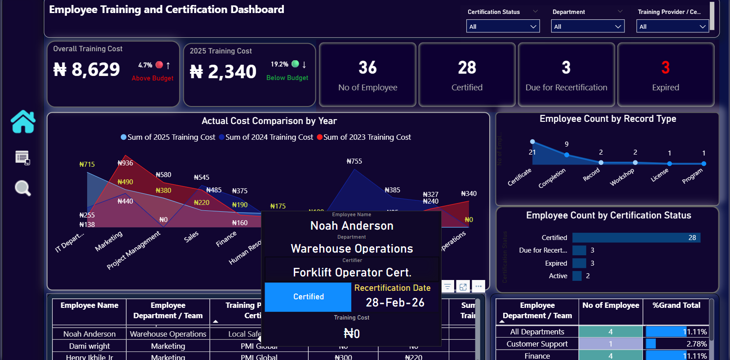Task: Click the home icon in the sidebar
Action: pyautogui.click(x=23, y=122)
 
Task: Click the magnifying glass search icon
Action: pyautogui.click(x=22, y=188)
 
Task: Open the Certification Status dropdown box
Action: pyautogui.click(x=502, y=27)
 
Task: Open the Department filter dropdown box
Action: pyautogui.click(x=587, y=27)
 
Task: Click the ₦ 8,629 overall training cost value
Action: pyautogui.click(x=87, y=70)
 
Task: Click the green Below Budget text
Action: pyautogui.click(x=287, y=78)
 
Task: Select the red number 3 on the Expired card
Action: pyautogui.click(x=665, y=68)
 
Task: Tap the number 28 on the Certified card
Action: pyautogui.click(x=467, y=68)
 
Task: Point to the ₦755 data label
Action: pyautogui.click(x=354, y=161)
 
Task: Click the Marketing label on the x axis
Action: pyautogui.click(x=109, y=241)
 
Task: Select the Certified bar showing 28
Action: pyautogui.click(x=636, y=237)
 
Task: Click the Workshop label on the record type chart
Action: pyautogui.click(x=622, y=177)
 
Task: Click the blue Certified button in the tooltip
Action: pyautogui.click(x=308, y=297)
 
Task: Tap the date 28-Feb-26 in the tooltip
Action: pyautogui.click(x=395, y=302)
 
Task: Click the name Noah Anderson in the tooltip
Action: pyautogui.click(x=352, y=226)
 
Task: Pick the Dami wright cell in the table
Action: pyautogui.click(x=89, y=346)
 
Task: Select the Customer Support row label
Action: pyautogui.click(x=537, y=344)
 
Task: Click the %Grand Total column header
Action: pyautogui.click(x=676, y=305)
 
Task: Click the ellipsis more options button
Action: pyautogui.click(x=478, y=286)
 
